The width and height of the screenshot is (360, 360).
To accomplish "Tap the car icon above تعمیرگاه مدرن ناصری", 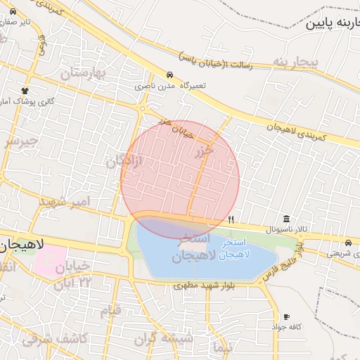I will (169, 75).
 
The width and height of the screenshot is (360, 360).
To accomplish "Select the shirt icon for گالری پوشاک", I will (26, 91).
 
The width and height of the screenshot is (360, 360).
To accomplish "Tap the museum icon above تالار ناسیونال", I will (286, 219).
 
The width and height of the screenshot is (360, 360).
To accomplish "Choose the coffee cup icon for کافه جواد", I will (286, 316).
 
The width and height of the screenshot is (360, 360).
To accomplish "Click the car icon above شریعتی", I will (349, 243).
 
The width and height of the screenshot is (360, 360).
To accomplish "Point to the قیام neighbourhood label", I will (110, 310).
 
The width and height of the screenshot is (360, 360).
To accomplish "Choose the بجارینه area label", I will (296, 63).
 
